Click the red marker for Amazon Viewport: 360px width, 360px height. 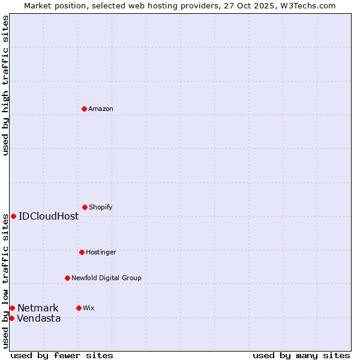point(84,109)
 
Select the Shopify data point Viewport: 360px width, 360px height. point(85,207)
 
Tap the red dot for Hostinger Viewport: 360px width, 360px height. point(82,252)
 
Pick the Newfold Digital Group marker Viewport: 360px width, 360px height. point(67,278)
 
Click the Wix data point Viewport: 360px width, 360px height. point(79,308)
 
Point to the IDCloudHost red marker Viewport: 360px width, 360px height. point(13,216)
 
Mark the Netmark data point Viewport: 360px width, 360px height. point(12,308)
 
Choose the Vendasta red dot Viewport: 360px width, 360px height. point(11,318)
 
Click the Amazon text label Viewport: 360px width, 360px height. point(101,109)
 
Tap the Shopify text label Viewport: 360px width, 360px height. point(101,207)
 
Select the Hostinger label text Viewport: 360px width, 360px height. point(101,252)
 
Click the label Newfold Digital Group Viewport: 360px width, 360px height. point(106,278)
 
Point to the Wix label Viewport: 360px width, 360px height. point(89,308)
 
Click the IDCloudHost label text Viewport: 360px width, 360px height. point(49,216)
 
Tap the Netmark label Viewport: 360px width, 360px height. point(38,308)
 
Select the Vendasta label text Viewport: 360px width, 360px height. point(39,318)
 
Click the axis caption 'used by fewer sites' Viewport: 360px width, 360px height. point(62,355)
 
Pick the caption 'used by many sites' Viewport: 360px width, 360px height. point(301,355)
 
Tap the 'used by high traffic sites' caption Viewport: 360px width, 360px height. point(5,85)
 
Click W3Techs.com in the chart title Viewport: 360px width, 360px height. point(306,5)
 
